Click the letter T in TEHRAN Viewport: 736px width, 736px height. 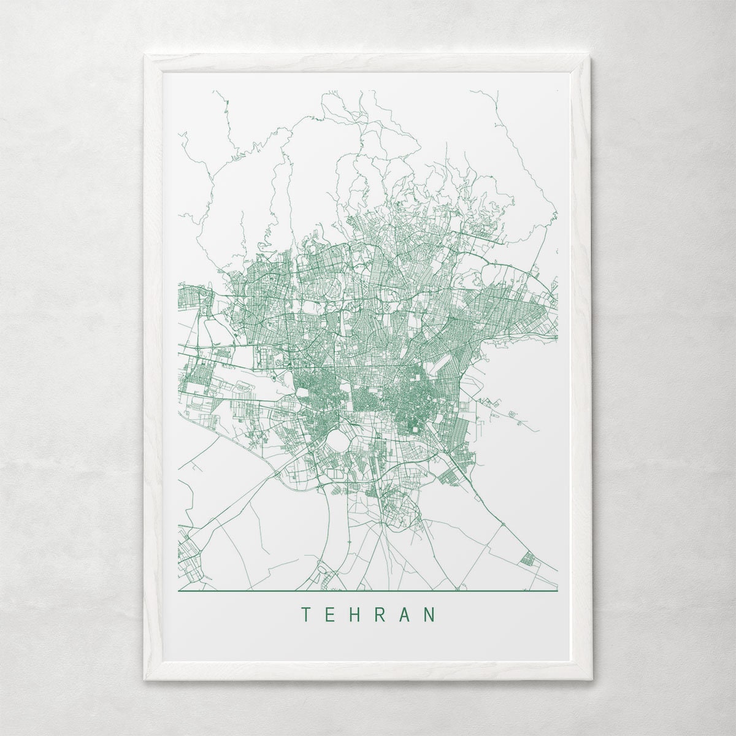point(305,615)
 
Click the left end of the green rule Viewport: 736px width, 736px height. point(178,591)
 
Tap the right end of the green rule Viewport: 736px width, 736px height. point(558,591)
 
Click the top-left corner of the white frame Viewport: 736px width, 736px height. point(145,55)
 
